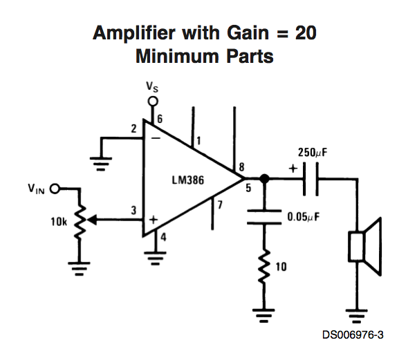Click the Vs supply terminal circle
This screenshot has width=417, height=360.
coord(153,102)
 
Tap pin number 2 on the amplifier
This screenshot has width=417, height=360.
coord(133,129)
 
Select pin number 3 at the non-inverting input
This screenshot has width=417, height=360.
coord(133,210)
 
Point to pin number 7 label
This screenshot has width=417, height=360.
coord(221,205)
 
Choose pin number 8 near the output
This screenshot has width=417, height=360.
coord(241,166)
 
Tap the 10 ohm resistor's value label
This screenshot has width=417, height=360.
coord(281,266)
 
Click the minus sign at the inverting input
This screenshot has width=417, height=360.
coord(156,138)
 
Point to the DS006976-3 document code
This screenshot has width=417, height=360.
coord(353,335)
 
